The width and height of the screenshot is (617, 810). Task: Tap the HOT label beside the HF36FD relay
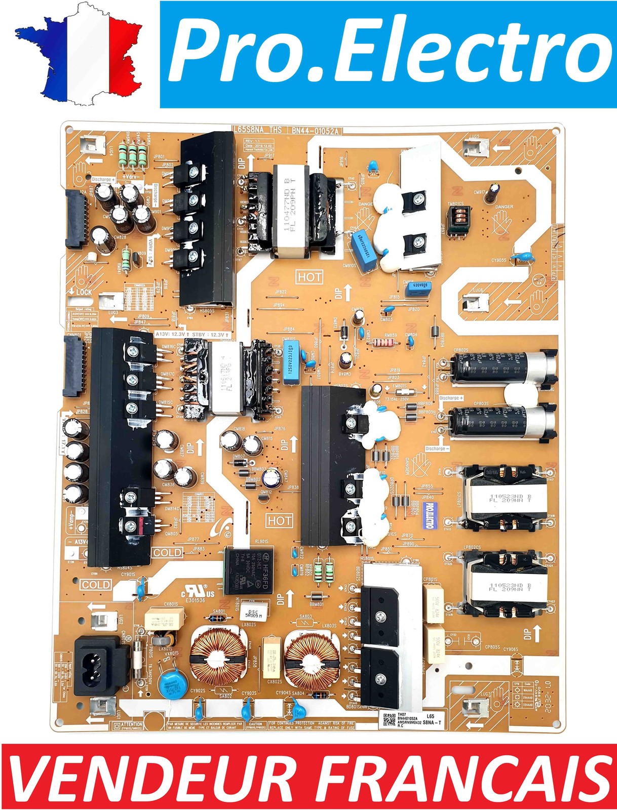pyautogui.click(x=280, y=520)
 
